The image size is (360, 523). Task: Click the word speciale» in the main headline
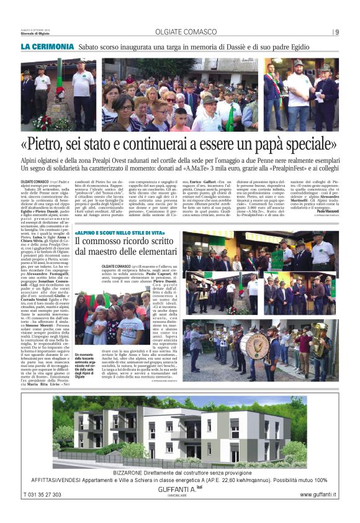click(300, 145)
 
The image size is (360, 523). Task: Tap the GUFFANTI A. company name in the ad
click(179, 490)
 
